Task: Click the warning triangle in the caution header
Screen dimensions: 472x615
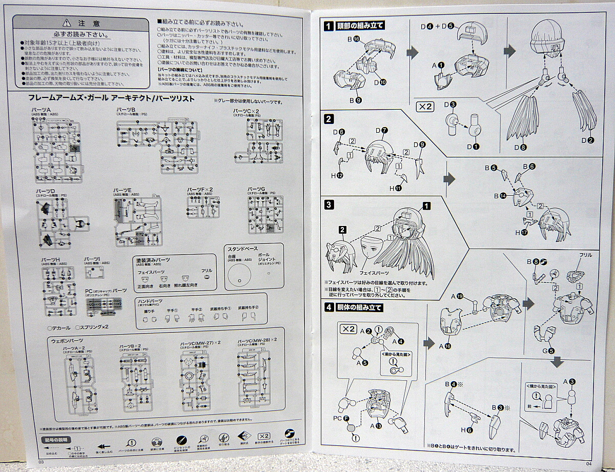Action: [66, 23]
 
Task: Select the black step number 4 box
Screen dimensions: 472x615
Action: [329, 307]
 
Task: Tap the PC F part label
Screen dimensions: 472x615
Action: [340, 418]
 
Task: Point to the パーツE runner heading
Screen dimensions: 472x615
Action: [122, 190]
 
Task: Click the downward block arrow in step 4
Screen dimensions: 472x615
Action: [558, 362]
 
